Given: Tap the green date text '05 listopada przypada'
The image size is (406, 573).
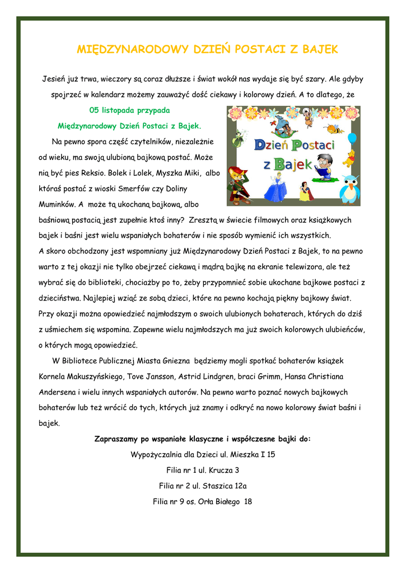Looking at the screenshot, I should [129, 110].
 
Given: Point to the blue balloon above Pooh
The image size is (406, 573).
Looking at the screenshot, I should [352, 138].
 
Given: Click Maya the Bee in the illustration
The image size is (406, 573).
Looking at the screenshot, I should [334, 130].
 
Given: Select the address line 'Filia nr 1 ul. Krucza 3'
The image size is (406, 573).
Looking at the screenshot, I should [203, 470].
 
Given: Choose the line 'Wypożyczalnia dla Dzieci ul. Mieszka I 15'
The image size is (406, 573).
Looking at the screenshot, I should [203, 454].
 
